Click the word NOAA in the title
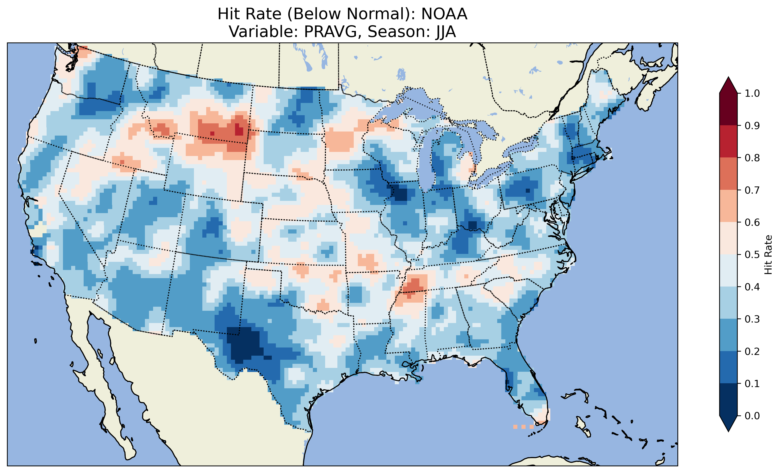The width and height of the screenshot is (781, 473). coord(444,14)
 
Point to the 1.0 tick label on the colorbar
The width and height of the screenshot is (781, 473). coord(752,93)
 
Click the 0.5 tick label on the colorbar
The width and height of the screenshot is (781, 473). coord(752,255)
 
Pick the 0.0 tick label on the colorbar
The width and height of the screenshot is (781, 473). coord(752,416)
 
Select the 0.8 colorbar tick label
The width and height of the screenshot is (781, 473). coord(752,158)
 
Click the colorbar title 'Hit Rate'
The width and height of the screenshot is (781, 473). coord(768,255)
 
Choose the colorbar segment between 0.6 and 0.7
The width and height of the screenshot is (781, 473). coord(728,206)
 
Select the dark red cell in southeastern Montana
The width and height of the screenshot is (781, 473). coord(239,130)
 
